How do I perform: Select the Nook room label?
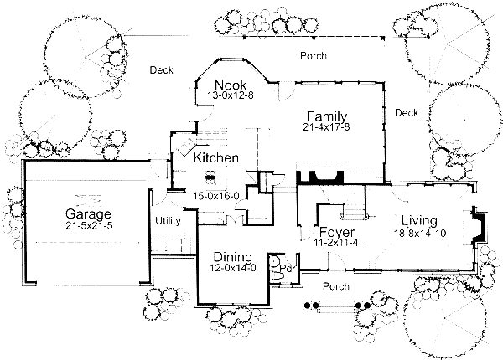coord(229,85)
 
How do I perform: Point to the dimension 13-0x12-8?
coord(229,96)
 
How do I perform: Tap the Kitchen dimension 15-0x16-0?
coord(216,196)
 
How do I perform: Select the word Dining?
coord(228,257)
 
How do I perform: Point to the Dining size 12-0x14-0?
coord(228,268)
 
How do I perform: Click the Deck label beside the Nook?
coord(161,70)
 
